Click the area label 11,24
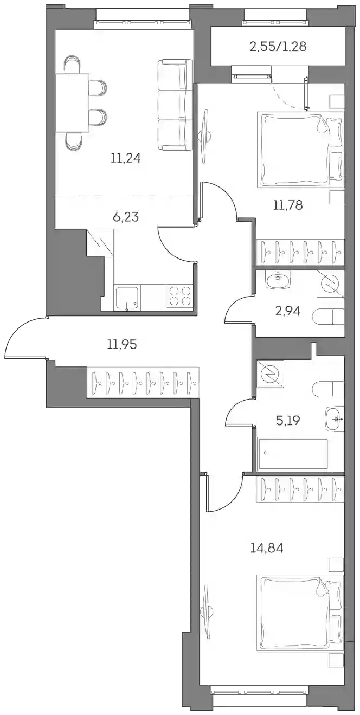coord(126,158)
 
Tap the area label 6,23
coord(126,217)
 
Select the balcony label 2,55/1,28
coord(278,47)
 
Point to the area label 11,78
coord(287,205)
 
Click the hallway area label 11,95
coord(122,344)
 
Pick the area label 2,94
coord(287,311)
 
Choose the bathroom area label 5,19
coord(287,421)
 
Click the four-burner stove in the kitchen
coord(179,296)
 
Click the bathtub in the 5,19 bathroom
coord(294,454)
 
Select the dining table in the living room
coord(73,103)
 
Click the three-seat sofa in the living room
coord(175,105)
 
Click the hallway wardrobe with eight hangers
coord(143,382)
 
